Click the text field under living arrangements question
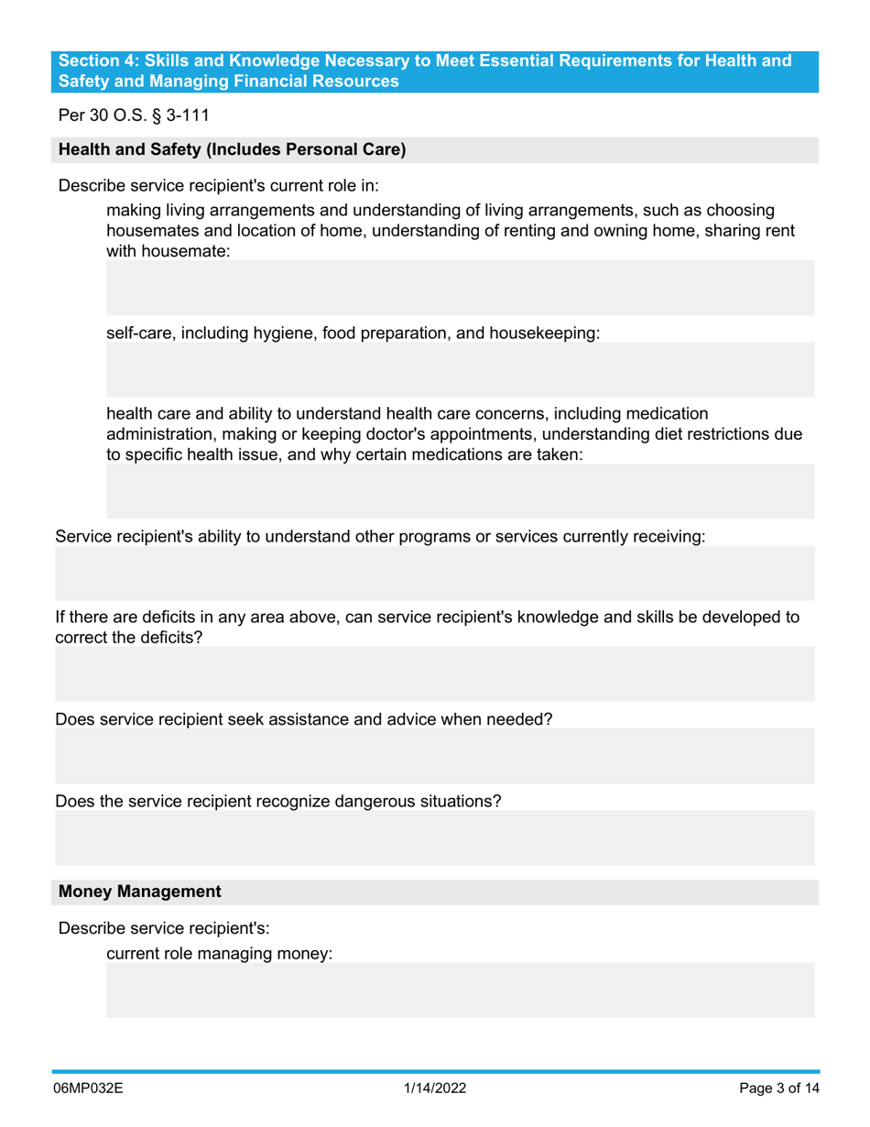click(460, 288)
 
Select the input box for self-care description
click(460, 370)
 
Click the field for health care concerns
click(460, 492)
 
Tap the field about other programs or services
click(434, 574)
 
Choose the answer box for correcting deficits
click(434, 674)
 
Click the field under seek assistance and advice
click(434, 756)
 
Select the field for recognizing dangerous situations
click(434, 838)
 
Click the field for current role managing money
click(460, 990)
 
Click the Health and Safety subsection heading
click(233, 149)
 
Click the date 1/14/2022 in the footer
click(435, 1089)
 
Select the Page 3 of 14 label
click(778, 1089)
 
